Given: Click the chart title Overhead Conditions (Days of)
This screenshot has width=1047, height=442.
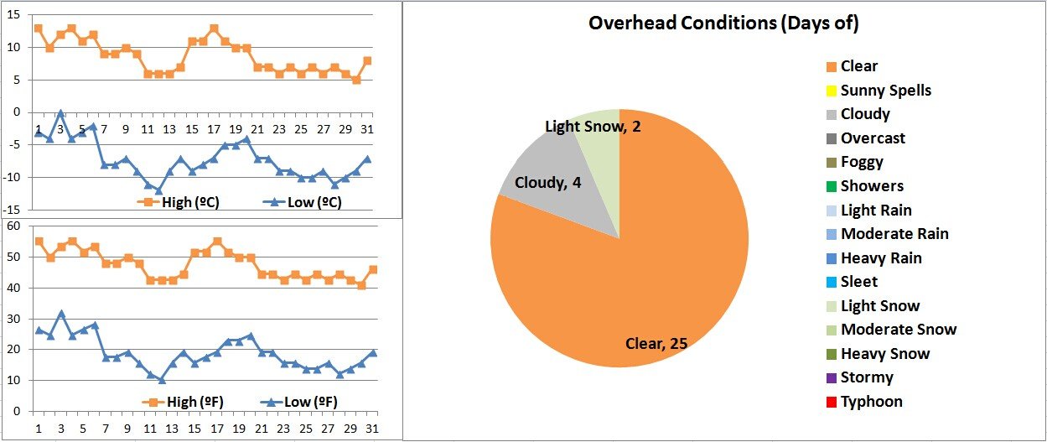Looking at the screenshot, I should [723, 23].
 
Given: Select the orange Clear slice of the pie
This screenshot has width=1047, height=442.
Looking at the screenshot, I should [637, 268].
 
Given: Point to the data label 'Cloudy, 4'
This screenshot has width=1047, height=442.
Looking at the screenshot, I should [548, 182].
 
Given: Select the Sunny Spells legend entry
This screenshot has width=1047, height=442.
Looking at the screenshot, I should [885, 91].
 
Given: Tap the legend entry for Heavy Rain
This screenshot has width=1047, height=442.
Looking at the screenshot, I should [880, 258].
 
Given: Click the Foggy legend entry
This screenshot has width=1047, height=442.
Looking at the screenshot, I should [862, 162].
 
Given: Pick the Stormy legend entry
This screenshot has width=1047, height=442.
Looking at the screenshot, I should [867, 377].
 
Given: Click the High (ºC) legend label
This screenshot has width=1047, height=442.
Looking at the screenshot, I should [189, 202].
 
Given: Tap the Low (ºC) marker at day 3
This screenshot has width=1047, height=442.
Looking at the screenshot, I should [60, 112].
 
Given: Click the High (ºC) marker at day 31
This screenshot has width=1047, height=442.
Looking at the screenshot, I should [367, 61].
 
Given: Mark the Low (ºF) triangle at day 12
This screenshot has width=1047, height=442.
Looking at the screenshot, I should [161, 380].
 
